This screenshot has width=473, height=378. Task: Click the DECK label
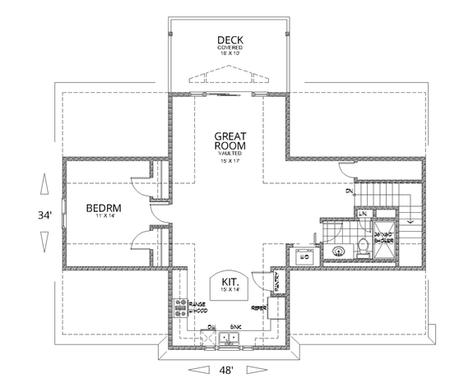tap(230, 39)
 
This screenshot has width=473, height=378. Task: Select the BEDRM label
tap(104, 209)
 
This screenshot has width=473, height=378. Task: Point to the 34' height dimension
tap(44, 215)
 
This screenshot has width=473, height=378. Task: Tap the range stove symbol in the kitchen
tap(181, 308)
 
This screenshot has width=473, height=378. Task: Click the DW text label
tap(211, 326)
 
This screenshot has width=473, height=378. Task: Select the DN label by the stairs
tap(349, 192)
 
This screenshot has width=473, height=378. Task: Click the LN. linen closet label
tap(362, 213)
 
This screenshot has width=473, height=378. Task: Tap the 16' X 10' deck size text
tap(230, 55)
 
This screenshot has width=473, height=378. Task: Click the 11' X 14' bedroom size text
tap(104, 218)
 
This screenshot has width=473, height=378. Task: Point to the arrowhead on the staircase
tap(408, 220)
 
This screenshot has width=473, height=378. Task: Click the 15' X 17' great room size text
tap(231, 160)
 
